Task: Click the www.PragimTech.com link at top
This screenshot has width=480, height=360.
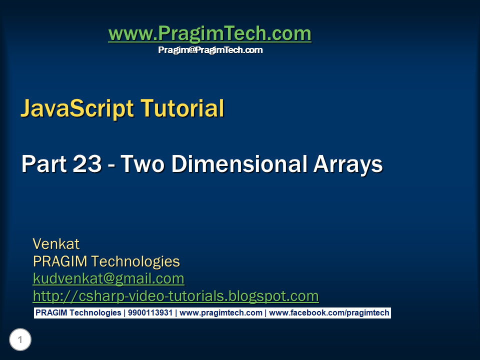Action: (x=209, y=33)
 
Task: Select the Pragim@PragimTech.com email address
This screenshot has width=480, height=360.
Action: (x=210, y=50)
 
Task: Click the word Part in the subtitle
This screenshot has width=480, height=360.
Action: (x=41, y=164)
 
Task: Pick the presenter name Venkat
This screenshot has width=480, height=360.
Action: (x=56, y=244)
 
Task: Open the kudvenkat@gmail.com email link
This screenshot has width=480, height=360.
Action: (x=108, y=278)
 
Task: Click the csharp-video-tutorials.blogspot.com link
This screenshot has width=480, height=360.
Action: (x=175, y=296)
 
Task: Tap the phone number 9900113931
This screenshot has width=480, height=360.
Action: (x=150, y=313)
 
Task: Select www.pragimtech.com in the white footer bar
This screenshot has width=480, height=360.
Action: (x=221, y=313)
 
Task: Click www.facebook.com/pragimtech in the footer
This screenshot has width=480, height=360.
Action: (x=329, y=313)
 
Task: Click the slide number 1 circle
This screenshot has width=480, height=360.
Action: (x=20, y=340)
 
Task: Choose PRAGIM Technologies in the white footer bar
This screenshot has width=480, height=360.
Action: (x=78, y=313)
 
